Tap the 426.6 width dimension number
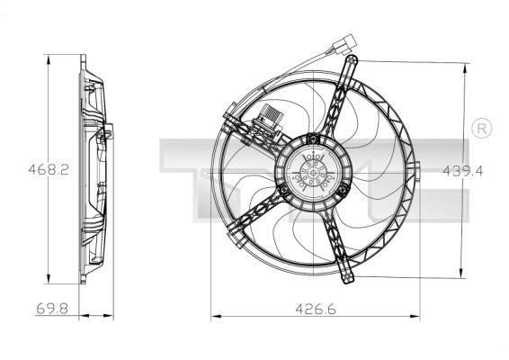314,309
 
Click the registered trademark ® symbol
481,128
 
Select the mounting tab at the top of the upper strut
353,61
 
